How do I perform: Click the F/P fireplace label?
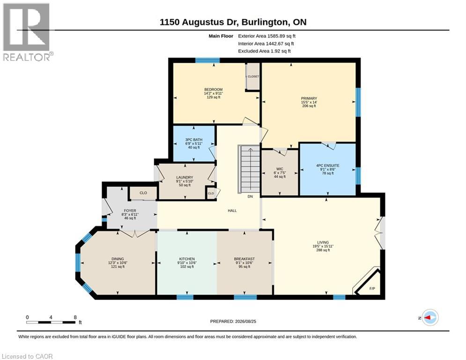[x=372, y=289]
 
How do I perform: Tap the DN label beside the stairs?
[x=250, y=196]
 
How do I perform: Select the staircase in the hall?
[x=250, y=169]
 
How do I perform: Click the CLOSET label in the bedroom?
[x=253, y=76]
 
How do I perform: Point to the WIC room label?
[x=280, y=169]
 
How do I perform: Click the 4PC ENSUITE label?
[x=327, y=165]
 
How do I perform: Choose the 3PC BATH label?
[x=194, y=140]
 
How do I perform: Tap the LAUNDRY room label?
[x=185, y=177]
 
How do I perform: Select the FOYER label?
[x=130, y=210]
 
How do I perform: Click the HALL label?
[x=232, y=210]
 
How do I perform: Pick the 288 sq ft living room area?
[x=323, y=250]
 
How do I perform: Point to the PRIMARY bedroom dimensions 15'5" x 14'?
[x=309, y=102]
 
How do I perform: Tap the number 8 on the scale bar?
[x=75, y=317]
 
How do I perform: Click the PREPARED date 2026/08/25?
[x=245, y=321]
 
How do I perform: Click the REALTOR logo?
[x=27, y=32]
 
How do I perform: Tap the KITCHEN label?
[x=187, y=259]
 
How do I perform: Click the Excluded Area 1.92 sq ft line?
[x=265, y=51]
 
